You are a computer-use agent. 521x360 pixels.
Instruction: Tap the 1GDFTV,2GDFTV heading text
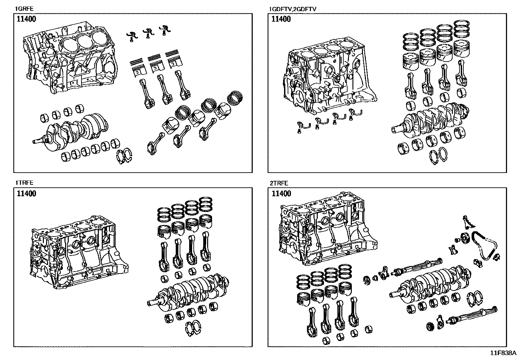click(292, 9)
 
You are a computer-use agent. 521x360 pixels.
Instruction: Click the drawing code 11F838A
click(503, 353)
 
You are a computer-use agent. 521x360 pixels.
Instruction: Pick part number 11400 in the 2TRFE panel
click(281, 193)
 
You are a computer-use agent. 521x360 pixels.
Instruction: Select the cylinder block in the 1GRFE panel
click(69, 57)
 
